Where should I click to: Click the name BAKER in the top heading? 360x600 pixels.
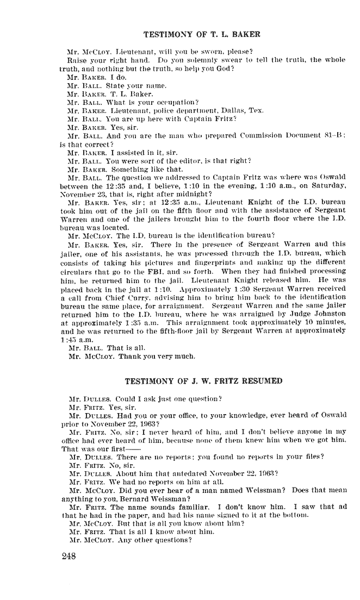[x=246, y=35]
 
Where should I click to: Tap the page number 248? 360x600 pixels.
[x=70, y=556]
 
